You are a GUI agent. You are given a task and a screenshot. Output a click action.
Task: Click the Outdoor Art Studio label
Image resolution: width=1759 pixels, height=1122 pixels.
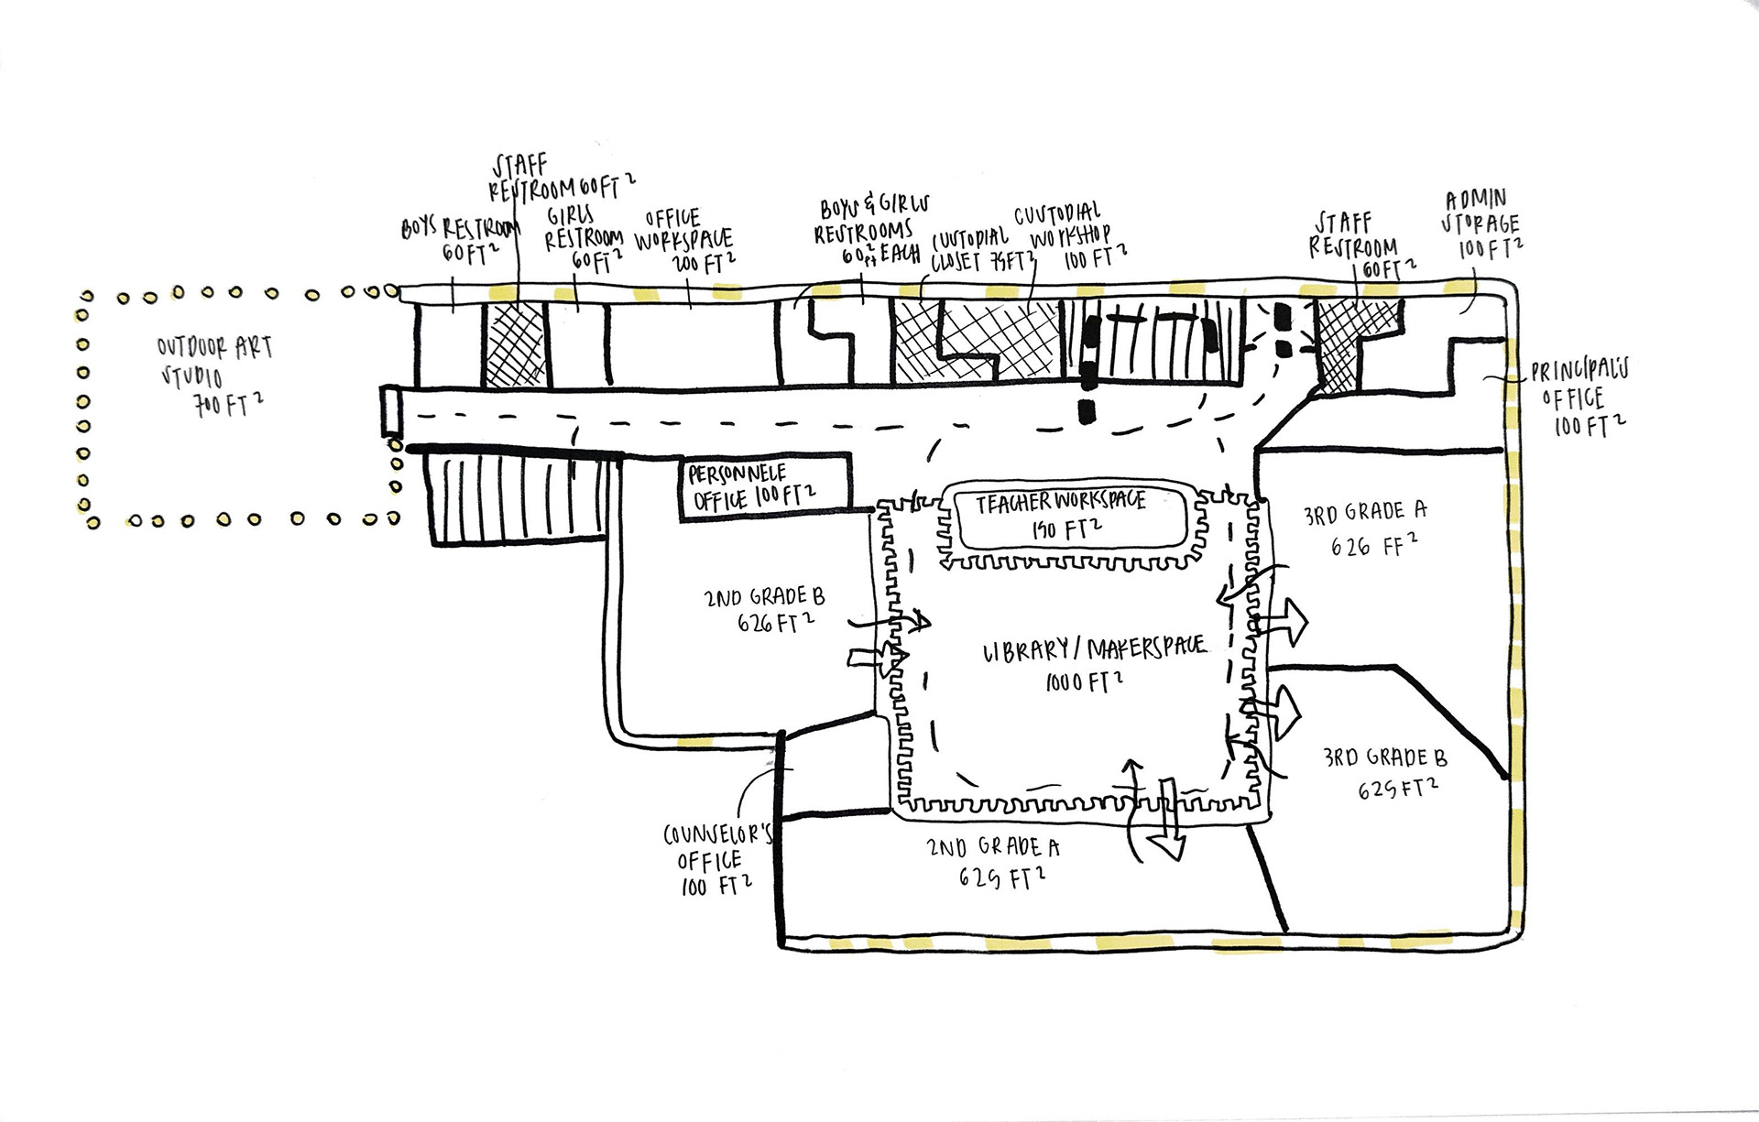click(x=214, y=376)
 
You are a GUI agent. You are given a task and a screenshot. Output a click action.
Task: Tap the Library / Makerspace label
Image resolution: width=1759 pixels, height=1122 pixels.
click(x=1094, y=663)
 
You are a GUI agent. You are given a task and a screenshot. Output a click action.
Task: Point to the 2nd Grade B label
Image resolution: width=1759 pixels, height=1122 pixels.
click(x=765, y=610)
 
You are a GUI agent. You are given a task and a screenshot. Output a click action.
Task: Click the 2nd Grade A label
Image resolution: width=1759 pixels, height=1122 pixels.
click(x=994, y=862)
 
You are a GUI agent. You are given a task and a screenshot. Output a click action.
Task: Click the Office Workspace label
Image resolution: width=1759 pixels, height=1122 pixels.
click(x=683, y=241)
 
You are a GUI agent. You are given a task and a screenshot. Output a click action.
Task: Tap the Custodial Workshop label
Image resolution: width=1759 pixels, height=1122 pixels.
click(x=1066, y=236)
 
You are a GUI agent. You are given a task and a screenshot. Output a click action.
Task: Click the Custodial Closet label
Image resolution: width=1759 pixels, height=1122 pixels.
click(x=971, y=251)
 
